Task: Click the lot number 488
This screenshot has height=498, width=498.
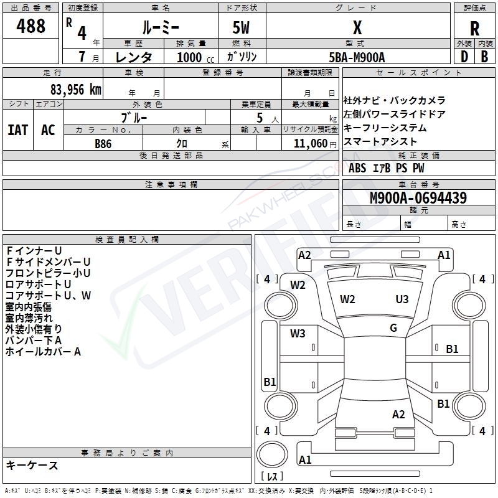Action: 31,26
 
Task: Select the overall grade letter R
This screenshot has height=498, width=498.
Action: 474,29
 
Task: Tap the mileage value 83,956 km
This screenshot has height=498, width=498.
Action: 76,90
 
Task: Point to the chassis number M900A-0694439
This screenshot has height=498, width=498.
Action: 418,197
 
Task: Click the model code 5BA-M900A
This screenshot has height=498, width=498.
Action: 357,57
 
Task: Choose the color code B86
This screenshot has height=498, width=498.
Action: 103,144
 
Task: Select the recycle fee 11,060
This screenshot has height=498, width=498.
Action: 311,143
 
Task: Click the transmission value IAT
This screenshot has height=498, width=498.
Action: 18,130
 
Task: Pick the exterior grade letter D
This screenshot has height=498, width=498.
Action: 464,57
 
